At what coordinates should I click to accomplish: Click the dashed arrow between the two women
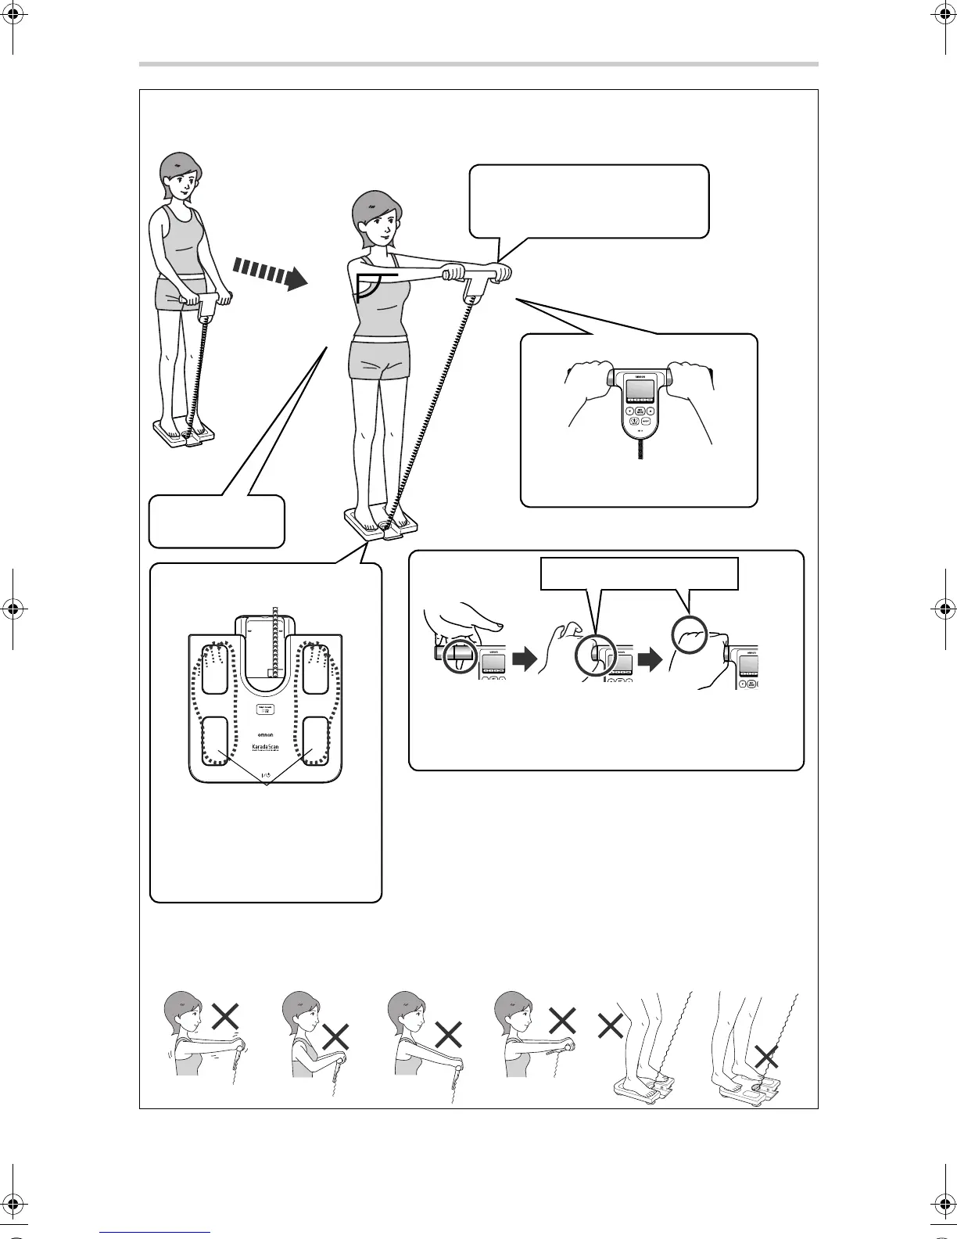270,275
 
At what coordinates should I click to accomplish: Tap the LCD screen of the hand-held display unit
639,392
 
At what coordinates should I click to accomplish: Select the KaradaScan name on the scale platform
267,749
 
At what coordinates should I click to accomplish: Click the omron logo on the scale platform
267,735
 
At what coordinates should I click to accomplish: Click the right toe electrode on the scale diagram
317,669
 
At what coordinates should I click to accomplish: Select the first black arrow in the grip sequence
524,661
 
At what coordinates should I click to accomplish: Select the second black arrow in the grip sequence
650,661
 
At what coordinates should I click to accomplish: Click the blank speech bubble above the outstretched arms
589,200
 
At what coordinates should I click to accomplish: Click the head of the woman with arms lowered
181,177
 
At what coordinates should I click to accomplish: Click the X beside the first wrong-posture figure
225,1018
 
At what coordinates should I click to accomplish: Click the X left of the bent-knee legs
610,1026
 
